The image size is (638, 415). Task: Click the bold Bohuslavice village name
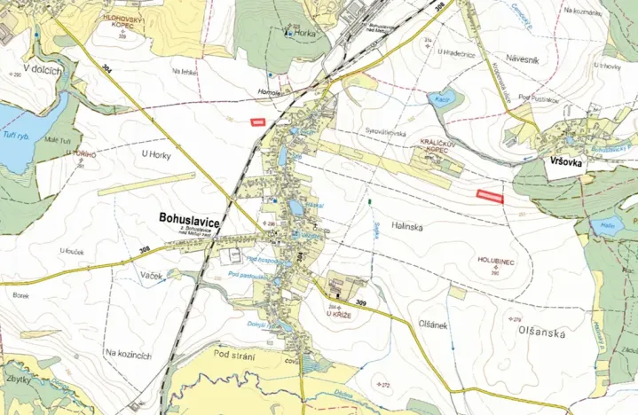pyautogui.click(x=189, y=215)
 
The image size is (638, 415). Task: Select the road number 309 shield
pyautogui.click(x=360, y=303)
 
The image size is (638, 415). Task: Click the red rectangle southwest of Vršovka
pyautogui.click(x=490, y=197)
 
